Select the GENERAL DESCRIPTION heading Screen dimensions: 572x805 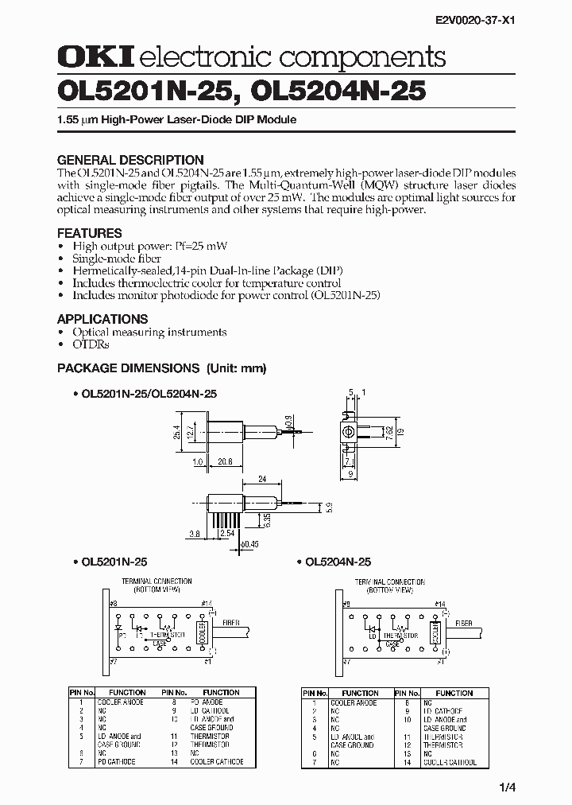pos(130,160)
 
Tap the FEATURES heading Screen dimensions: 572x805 pos(89,233)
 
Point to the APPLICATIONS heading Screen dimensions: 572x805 pos(102,319)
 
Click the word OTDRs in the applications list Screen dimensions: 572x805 pos(91,344)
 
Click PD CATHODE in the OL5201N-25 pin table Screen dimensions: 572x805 pos(117,762)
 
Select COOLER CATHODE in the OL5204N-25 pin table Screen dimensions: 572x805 pos(450,762)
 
